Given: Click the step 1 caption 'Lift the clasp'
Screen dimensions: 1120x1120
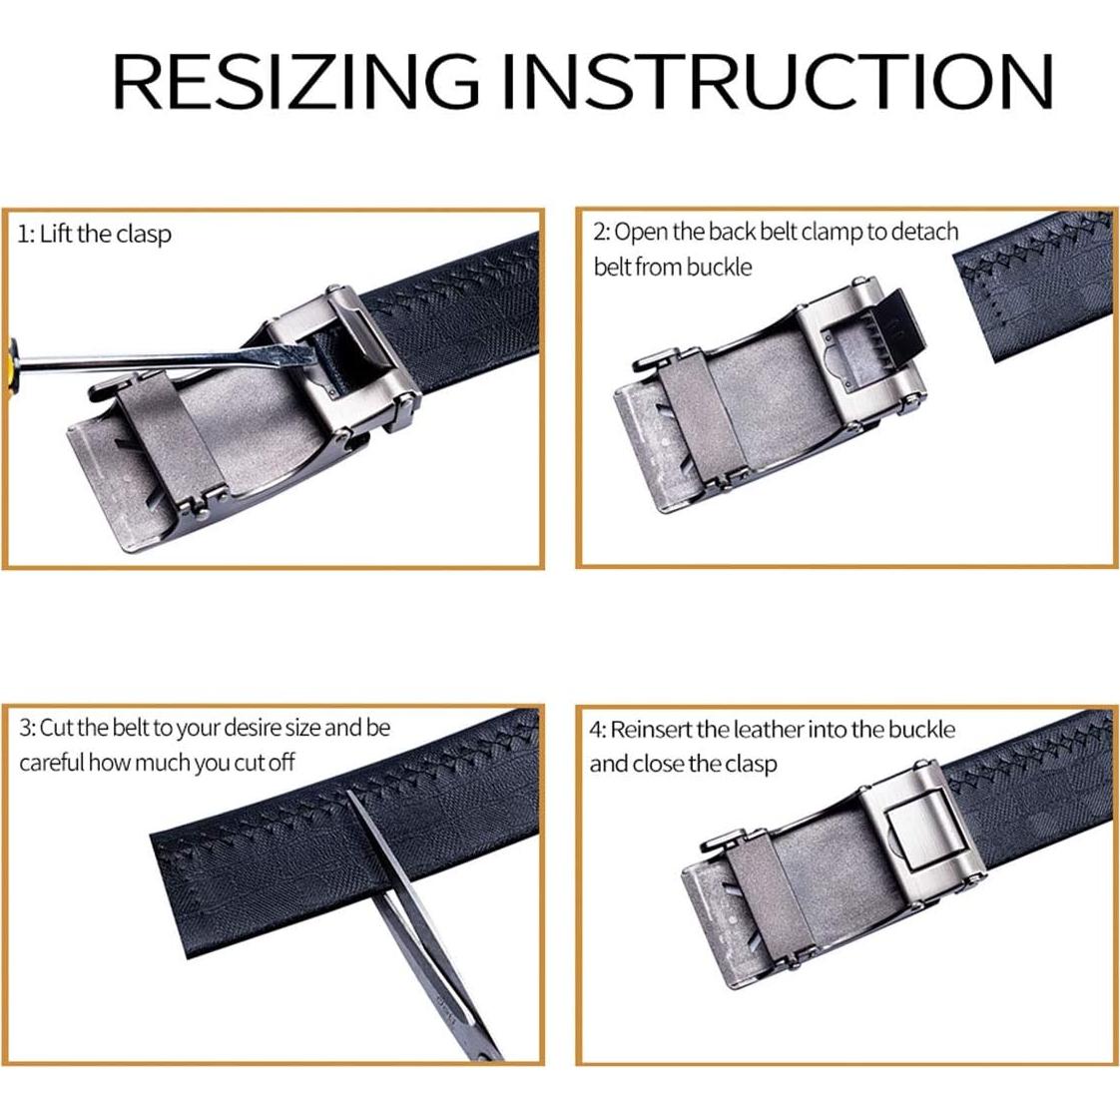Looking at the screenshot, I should pyautogui.click(x=106, y=234).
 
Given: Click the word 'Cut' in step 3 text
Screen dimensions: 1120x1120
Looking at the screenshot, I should pyautogui.click(x=57, y=728).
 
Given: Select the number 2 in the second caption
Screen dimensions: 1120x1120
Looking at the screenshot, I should pyautogui.click(x=599, y=233).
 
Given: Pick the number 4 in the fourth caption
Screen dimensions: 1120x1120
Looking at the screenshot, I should pyautogui.click(x=596, y=730).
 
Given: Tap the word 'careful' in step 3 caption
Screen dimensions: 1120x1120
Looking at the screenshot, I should pyautogui.click(x=51, y=763).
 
